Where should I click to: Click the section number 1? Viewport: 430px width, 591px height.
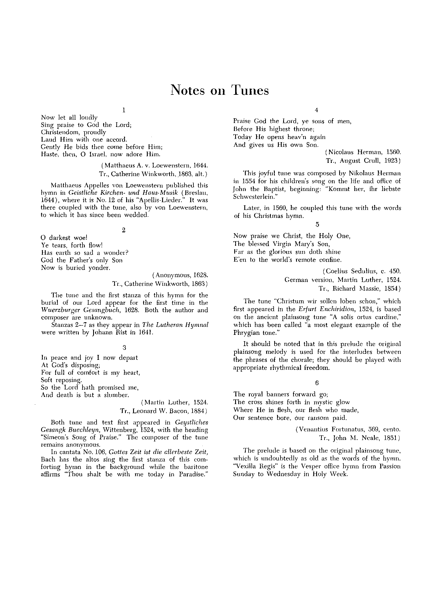[x=124, y=110]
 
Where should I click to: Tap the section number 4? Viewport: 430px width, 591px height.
[x=316, y=110]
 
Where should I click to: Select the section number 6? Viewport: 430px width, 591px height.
[x=317, y=383]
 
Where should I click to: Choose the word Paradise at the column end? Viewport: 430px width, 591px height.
[x=193, y=474]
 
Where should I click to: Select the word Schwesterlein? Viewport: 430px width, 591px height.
[x=254, y=197]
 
